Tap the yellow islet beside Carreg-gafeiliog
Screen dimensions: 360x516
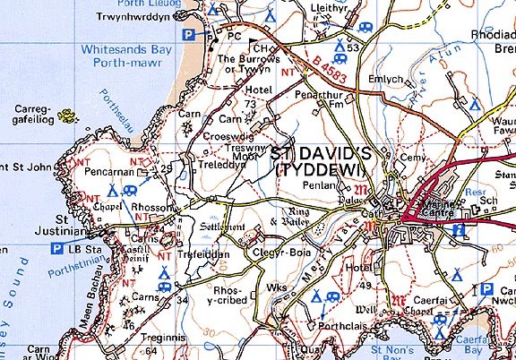click(65, 116)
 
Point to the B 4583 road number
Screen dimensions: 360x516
click(308, 62)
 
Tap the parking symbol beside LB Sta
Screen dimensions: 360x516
click(56, 247)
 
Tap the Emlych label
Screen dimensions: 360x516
click(387, 80)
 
